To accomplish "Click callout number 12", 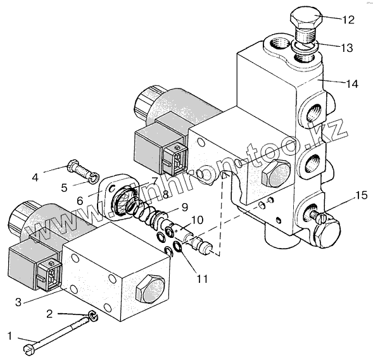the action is (348, 20).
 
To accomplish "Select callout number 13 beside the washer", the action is (346, 47).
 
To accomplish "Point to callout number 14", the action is (352, 84).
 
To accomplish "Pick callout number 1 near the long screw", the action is (9, 336).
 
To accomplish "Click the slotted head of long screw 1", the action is (28, 351).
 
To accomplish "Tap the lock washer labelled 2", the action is (94, 316).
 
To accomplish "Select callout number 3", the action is (18, 302).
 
